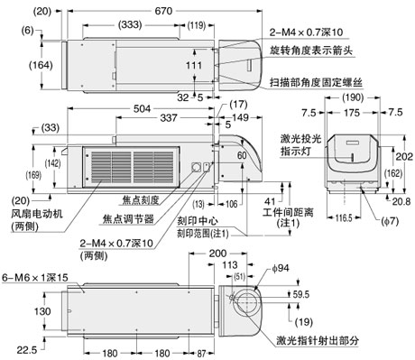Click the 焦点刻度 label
(x=137, y=199)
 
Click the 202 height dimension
(x=403, y=155)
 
